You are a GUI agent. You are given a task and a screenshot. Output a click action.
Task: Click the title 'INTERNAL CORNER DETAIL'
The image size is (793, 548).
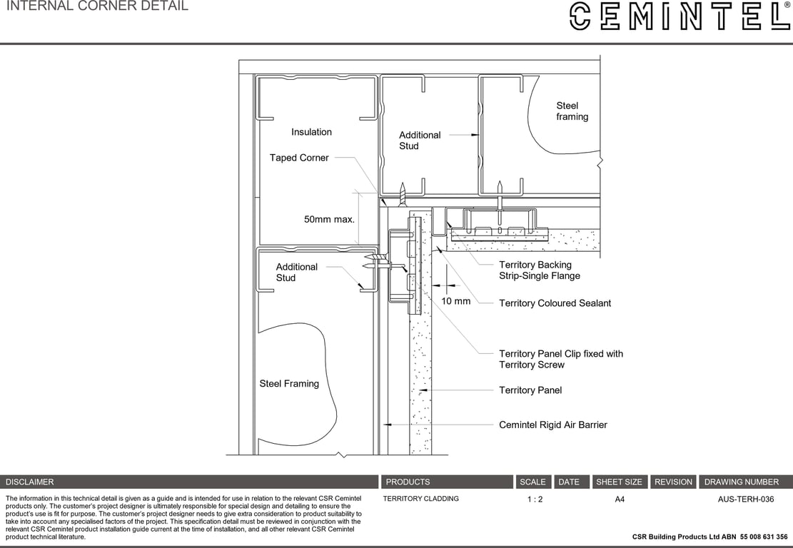(x=97, y=6)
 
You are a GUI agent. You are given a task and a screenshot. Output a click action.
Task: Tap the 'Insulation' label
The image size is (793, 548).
(x=311, y=132)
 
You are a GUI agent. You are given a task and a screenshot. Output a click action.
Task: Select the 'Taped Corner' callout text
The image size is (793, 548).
(x=299, y=158)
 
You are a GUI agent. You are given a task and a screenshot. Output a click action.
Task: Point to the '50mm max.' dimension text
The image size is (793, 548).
(x=329, y=219)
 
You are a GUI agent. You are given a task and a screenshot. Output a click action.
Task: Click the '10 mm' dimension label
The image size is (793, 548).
(x=455, y=301)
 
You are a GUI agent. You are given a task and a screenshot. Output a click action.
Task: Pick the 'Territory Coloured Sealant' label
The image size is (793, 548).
(x=555, y=303)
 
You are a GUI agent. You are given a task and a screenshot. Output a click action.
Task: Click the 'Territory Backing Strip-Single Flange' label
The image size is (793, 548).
(x=539, y=270)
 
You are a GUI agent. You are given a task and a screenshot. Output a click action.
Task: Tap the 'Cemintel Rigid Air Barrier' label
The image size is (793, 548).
(x=552, y=425)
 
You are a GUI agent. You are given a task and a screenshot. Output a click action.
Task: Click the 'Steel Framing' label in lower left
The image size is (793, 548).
(x=289, y=384)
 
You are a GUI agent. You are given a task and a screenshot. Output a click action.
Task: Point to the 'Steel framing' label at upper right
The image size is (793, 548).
(x=572, y=111)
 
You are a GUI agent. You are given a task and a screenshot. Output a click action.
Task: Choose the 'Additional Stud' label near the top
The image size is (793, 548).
(x=419, y=141)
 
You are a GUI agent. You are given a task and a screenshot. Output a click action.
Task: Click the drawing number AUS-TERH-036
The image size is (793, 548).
(x=745, y=499)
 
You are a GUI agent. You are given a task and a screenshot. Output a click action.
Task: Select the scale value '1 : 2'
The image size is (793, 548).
(x=535, y=499)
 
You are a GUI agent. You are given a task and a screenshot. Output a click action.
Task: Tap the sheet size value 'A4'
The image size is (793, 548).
(x=620, y=499)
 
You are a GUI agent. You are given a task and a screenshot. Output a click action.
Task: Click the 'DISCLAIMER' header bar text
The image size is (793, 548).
(x=30, y=482)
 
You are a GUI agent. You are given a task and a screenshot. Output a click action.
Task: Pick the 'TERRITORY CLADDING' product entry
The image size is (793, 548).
(x=420, y=499)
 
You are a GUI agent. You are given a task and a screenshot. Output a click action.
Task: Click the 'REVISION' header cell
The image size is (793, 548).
(x=673, y=482)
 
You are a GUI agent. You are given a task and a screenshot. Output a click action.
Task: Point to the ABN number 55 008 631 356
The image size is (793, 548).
(x=764, y=537)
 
